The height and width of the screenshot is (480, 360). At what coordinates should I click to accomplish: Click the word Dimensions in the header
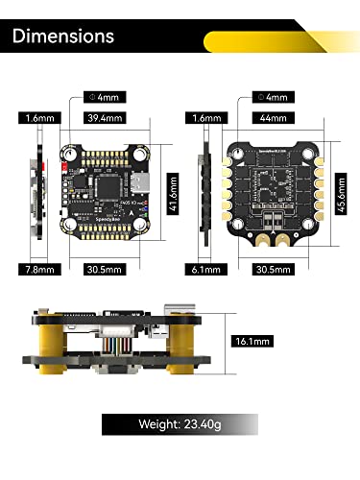63,36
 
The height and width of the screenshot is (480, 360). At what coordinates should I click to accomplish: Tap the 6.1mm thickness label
207,270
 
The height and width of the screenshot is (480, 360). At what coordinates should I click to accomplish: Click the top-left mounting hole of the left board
70,153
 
